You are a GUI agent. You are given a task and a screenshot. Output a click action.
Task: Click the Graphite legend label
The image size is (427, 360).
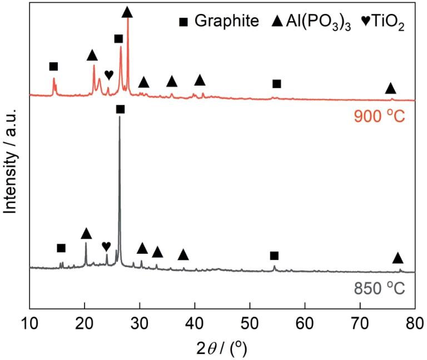click(x=227, y=22)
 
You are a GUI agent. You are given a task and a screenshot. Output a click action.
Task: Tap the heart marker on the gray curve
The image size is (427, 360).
click(x=106, y=246)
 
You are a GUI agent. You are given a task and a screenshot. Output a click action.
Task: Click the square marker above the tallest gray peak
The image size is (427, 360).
click(x=120, y=110)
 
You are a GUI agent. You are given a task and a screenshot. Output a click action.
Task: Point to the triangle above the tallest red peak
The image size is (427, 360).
click(x=127, y=12)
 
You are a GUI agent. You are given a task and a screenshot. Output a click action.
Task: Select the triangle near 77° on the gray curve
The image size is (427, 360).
click(x=398, y=258)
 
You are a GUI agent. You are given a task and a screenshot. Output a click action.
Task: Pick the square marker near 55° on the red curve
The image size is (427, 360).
click(x=277, y=84)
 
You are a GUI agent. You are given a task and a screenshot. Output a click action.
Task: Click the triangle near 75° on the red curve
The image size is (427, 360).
click(x=390, y=88)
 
